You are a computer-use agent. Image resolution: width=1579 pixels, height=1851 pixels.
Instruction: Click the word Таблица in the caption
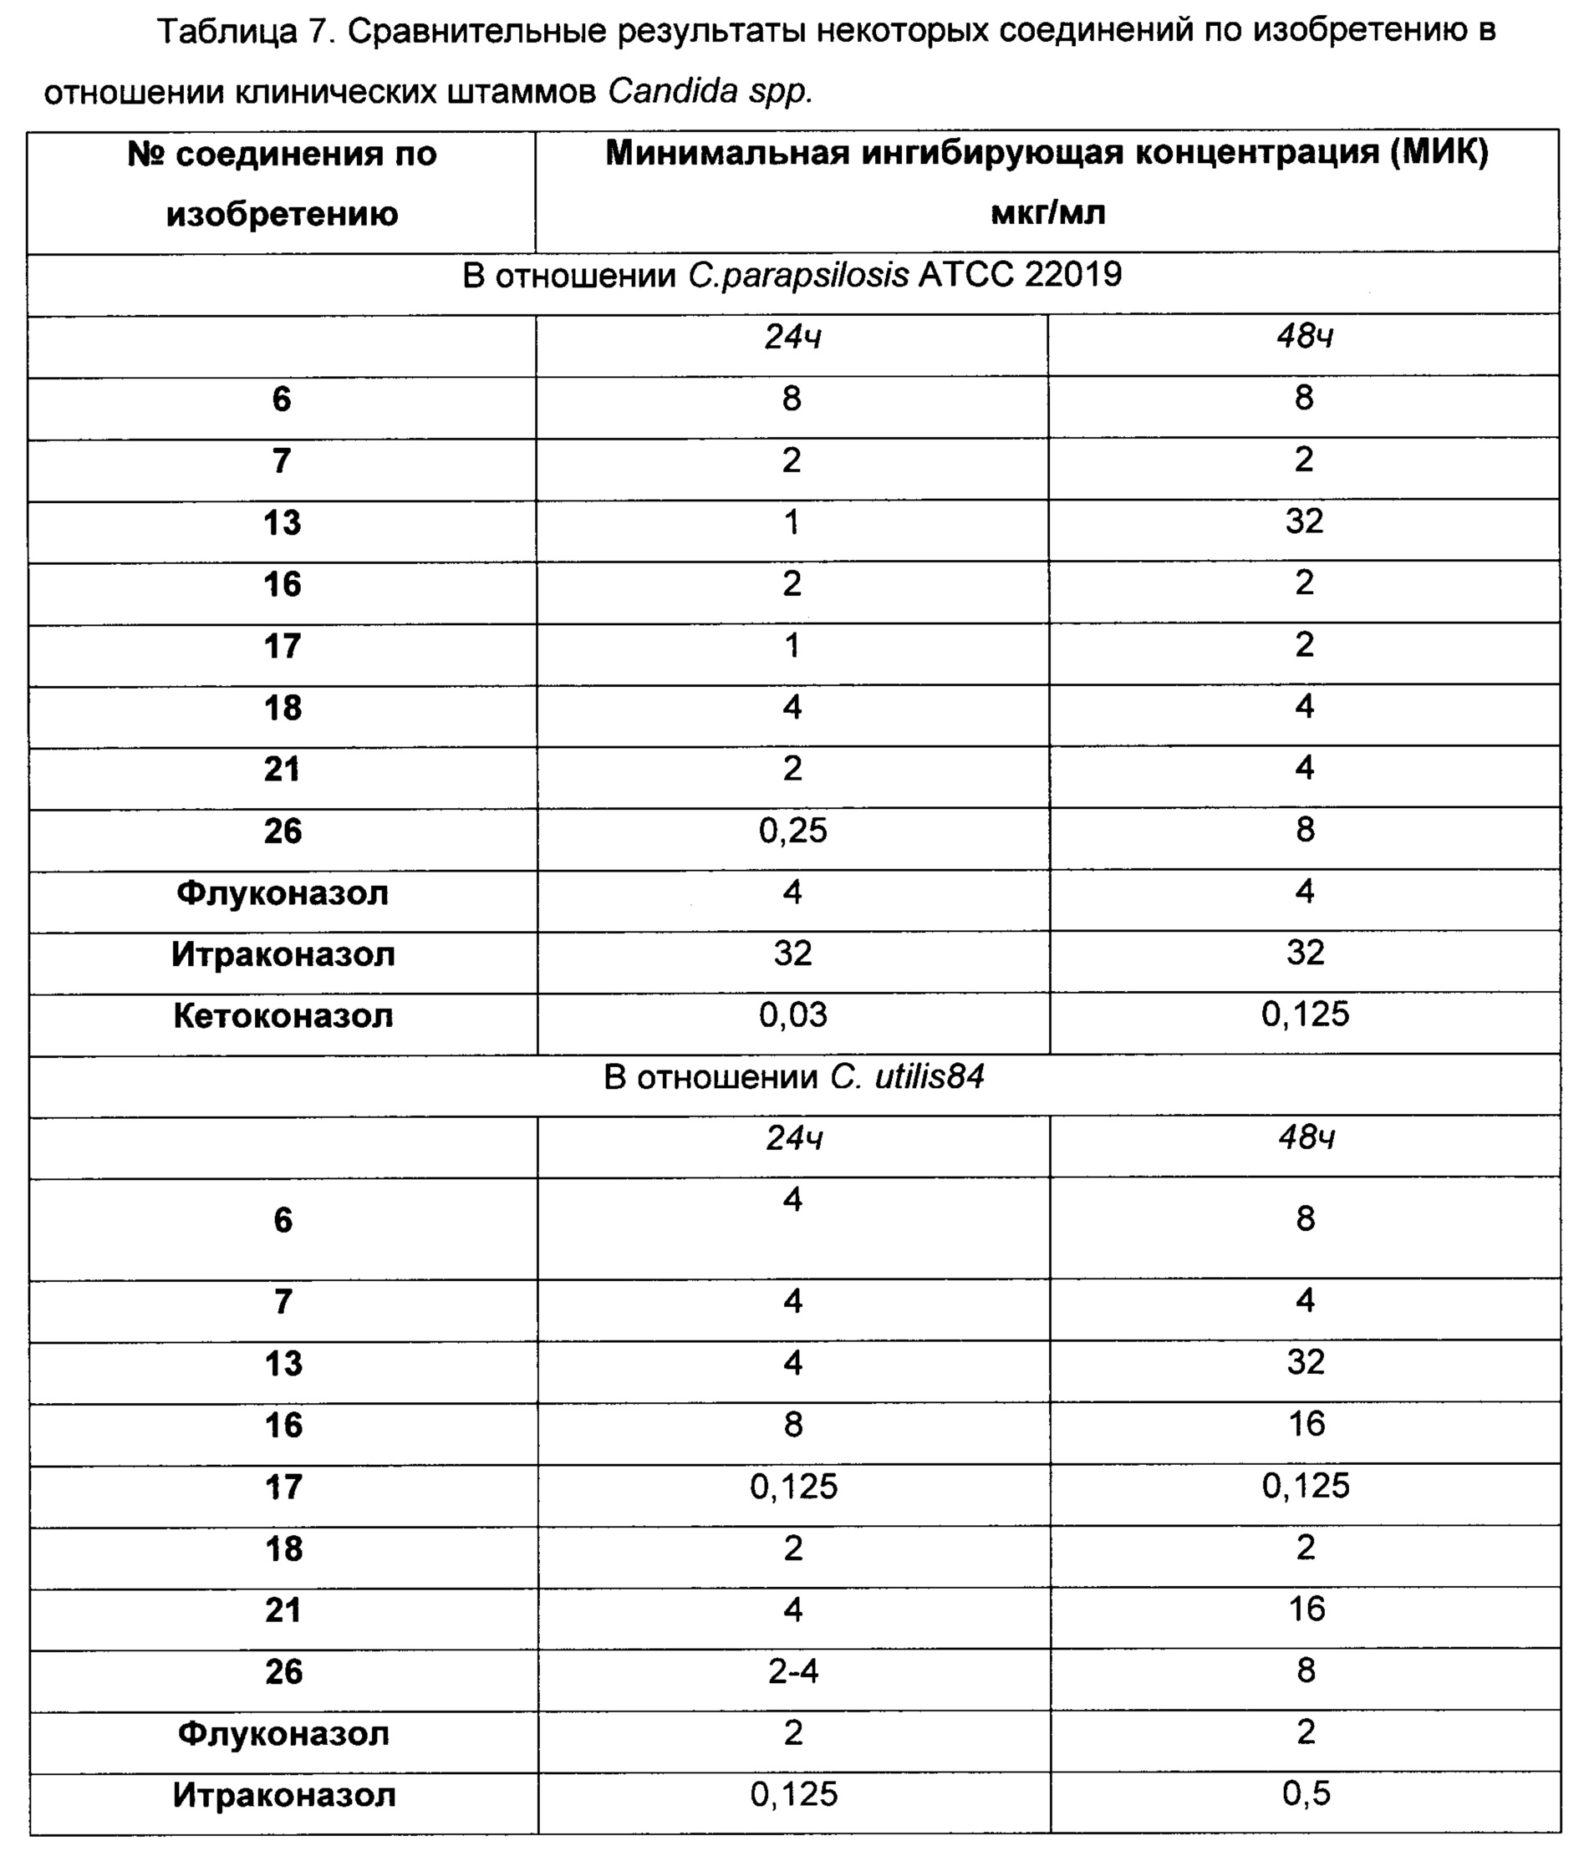point(227,32)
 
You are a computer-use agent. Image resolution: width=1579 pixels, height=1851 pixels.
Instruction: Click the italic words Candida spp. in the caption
point(711,92)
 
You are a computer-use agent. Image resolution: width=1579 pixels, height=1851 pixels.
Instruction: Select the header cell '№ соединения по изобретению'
point(282,184)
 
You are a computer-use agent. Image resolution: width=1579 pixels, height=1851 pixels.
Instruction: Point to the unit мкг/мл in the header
point(1047,212)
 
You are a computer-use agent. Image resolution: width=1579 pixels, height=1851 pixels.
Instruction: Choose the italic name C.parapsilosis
point(798,275)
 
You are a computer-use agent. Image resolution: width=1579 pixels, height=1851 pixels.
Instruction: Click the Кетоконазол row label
point(283,1015)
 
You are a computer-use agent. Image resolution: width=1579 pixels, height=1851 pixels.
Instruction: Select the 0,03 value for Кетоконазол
point(792,1014)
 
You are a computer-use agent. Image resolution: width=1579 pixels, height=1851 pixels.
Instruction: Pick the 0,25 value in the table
point(792,831)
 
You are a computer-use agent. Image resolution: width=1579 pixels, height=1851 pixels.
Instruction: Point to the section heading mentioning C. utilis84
point(793,1077)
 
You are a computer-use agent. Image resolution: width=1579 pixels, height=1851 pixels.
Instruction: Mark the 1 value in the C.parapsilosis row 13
point(792,521)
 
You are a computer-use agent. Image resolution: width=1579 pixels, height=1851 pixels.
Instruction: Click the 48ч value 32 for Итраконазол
point(1305,953)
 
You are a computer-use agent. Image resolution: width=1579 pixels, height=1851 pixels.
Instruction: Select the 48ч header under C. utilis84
point(1306,1138)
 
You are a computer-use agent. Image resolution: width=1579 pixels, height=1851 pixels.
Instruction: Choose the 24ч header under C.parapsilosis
point(792,337)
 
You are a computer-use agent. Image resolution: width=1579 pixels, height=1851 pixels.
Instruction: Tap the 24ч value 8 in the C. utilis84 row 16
point(792,1424)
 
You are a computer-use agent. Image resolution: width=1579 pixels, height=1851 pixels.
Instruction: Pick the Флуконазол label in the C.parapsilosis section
point(283,892)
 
